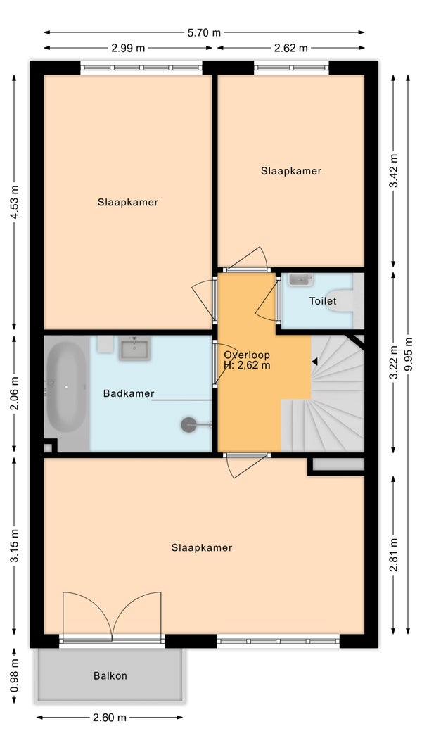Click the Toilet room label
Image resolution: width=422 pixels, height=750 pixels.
click(x=323, y=301)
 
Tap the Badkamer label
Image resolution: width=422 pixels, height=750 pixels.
click(x=129, y=394)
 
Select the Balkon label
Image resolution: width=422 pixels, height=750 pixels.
click(x=110, y=676)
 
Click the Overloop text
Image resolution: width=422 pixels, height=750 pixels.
click(x=247, y=355)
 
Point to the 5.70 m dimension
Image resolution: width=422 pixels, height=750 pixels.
click(x=204, y=32)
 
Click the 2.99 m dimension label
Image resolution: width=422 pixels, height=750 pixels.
click(x=128, y=48)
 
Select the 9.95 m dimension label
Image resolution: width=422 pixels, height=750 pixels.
click(x=408, y=355)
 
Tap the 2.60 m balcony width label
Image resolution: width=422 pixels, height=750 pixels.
click(x=110, y=717)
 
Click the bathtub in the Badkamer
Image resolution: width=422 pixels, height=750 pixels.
click(x=66, y=386)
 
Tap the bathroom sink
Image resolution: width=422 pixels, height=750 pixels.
click(x=135, y=348)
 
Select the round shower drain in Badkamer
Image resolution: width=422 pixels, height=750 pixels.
click(x=188, y=425)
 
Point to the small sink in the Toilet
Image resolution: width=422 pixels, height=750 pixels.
click(x=300, y=279)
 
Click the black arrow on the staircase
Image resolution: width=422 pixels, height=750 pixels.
click(x=314, y=362)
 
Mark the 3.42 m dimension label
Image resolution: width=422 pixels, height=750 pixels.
click(x=394, y=171)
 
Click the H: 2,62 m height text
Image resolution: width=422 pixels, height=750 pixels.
click(x=247, y=366)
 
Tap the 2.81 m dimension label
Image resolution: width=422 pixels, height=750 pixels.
click(x=394, y=555)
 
